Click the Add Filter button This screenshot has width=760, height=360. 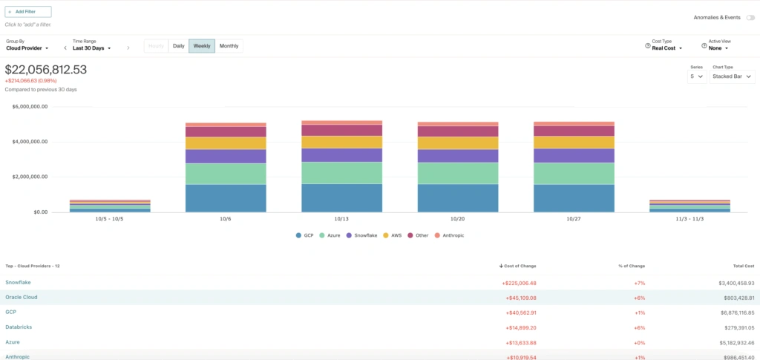(x=28, y=12)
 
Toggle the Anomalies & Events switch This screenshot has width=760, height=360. (x=750, y=17)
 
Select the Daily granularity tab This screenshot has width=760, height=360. (x=178, y=46)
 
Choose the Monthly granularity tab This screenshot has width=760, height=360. (x=229, y=46)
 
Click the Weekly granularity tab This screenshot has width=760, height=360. (x=202, y=46)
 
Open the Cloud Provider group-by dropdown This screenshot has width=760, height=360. (x=27, y=48)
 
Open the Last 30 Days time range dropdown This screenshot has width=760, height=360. (x=92, y=48)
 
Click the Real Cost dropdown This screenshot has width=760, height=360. (x=666, y=48)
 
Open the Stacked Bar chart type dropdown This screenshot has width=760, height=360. (x=732, y=76)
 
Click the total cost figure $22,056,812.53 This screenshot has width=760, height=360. (x=46, y=70)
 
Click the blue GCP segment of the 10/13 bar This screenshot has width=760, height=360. (x=341, y=197)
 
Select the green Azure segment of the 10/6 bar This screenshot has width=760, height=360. (x=226, y=174)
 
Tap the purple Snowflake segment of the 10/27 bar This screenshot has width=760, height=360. (x=574, y=155)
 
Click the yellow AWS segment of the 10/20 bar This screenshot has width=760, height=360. (x=458, y=143)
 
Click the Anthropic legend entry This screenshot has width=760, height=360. (x=451, y=235)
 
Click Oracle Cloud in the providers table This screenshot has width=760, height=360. (x=22, y=297)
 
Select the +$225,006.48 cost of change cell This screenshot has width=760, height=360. (x=519, y=283)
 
